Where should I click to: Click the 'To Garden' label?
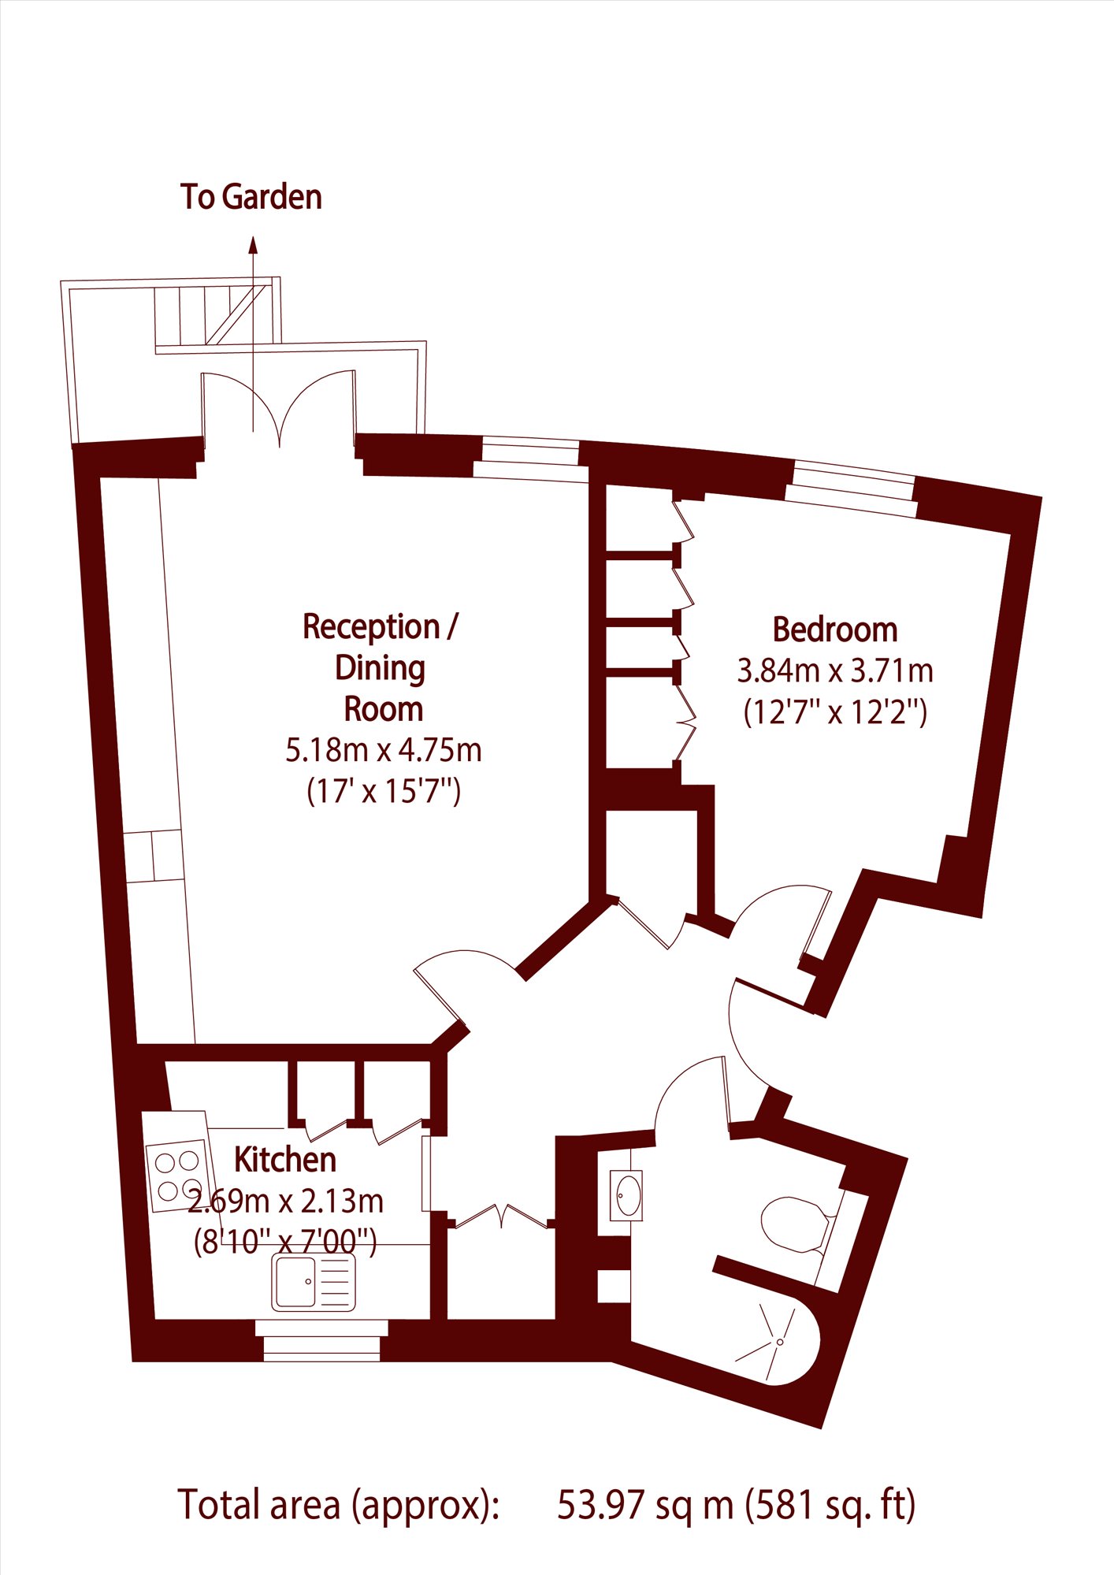[x=251, y=197]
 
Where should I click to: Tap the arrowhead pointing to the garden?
[x=253, y=244]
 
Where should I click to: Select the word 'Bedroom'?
[x=835, y=630]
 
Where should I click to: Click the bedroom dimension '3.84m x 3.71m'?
[x=835, y=670]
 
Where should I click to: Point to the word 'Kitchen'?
[x=285, y=1160]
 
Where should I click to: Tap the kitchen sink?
[x=314, y=1282]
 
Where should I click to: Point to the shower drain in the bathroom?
[x=780, y=1342]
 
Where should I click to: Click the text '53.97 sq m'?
[x=645, y=1505]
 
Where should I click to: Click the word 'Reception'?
[x=371, y=627]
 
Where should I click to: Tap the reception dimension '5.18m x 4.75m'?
[x=384, y=750]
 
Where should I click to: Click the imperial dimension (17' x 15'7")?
[x=384, y=790]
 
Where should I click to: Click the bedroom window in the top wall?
[x=852, y=491]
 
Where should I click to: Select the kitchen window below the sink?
[x=321, y=1340]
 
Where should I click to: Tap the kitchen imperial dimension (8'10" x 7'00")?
[x=285, y=1243]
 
